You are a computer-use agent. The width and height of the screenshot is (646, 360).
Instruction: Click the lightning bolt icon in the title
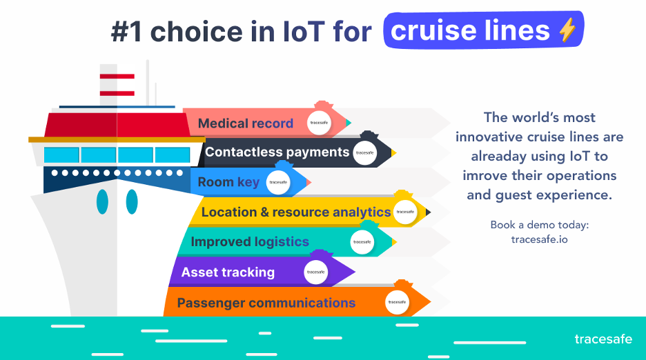coord(567,30)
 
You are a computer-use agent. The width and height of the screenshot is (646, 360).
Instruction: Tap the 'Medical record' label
coord(245,124)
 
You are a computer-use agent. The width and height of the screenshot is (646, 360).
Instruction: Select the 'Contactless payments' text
coord(277,152)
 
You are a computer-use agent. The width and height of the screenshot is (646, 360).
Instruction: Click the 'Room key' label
coord(228,182)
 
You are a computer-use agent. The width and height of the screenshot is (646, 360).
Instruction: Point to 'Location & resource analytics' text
coord(295,212)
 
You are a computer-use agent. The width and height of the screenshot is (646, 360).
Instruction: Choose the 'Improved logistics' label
coord(250,242)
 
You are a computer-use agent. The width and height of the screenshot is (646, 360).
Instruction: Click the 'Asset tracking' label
coord(228,272)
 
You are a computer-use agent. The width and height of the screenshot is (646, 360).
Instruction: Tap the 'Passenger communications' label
coord(266,303)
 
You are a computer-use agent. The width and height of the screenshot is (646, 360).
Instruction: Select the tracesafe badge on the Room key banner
coord(278,183)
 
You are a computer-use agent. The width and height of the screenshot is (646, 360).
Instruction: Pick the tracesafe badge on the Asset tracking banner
coord(315,272)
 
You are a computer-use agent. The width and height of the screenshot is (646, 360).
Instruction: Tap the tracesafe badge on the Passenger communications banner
coord(397,302)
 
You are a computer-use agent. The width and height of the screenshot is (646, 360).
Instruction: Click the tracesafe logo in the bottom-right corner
coord(603,339)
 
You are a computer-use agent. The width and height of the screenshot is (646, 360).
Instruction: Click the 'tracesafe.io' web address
coord(539,239)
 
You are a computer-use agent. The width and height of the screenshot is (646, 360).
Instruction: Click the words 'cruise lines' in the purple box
coord(470,30)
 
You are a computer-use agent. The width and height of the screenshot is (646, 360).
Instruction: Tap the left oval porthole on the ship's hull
coord(102,201)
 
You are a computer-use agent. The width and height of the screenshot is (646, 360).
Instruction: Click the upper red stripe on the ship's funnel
coord(117,75)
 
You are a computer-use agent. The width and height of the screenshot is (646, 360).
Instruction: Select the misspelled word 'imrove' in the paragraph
coord(485,175)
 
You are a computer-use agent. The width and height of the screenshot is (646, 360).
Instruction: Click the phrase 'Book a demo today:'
coord(539,225)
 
